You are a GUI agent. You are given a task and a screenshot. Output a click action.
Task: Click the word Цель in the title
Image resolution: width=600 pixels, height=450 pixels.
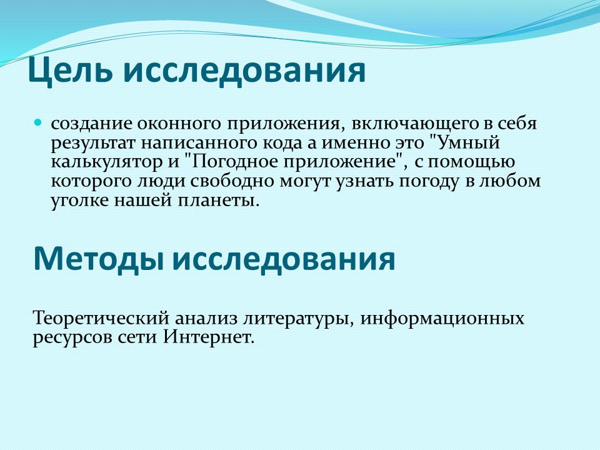click(x=70, y=71)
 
